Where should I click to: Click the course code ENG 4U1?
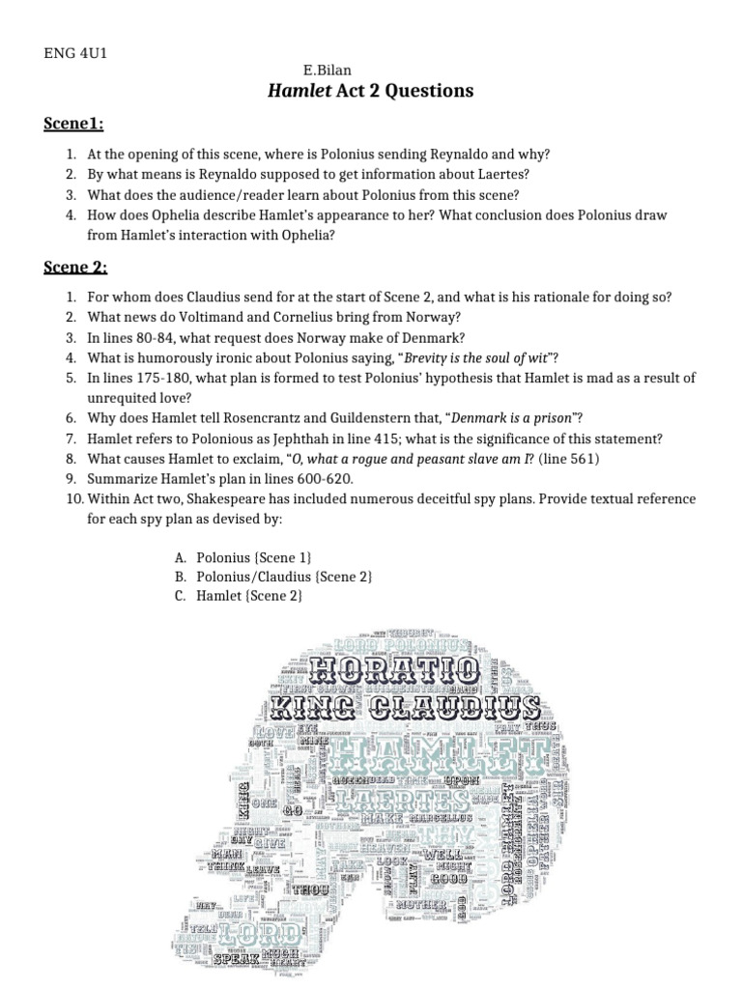[x=75, y=52]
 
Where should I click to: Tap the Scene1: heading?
[x=73, y=124]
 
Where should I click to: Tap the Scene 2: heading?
[x=75, y=268]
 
